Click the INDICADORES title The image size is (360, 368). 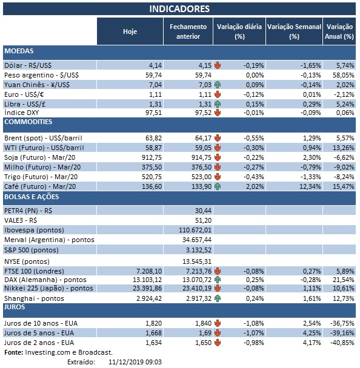click(179, 8)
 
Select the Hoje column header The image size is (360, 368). click(130, 31)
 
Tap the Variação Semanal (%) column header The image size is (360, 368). click(294, 31)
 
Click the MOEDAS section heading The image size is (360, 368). click(19, 51)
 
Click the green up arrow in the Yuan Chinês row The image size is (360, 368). click(217, 85)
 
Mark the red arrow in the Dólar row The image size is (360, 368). click(217, 64)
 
